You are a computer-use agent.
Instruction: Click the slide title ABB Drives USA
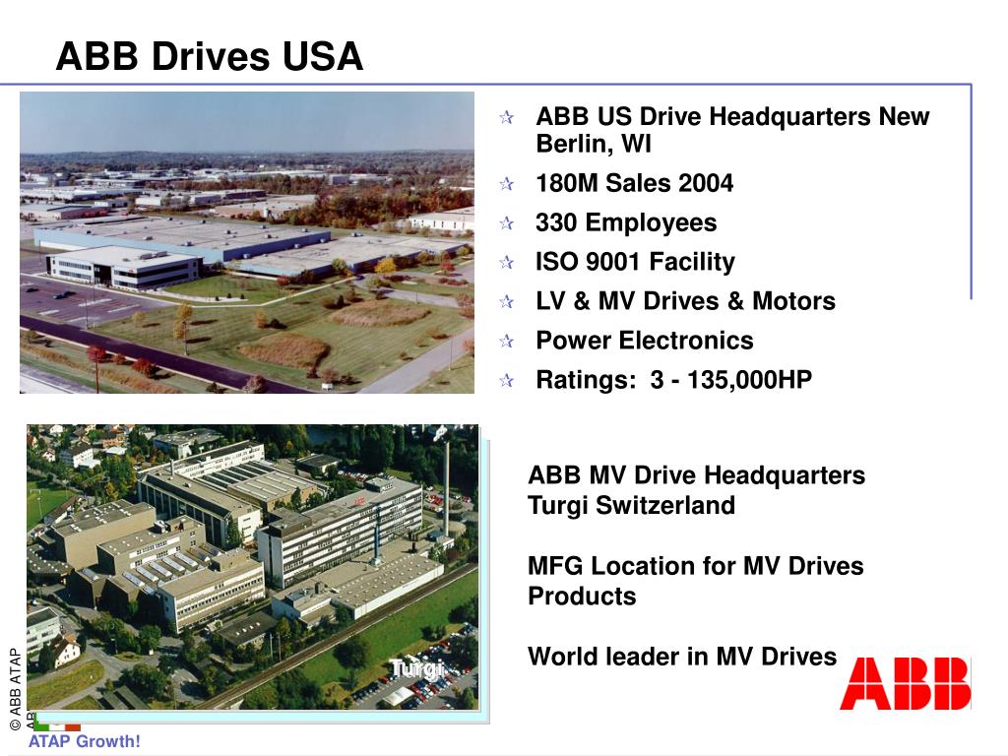(x=210, y=56)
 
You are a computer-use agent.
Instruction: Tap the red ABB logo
(x=905, y=683)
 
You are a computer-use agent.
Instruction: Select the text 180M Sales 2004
(x=634, y=184)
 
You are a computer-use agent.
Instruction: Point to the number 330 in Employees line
(x=556, y=223)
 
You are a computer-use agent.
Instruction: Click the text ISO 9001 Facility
(x=635, y=263)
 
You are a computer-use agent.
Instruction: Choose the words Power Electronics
(x=644, y=342)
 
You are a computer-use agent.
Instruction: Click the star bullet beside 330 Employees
(x=506, y=224)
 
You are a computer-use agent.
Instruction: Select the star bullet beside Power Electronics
(x=506, y=343)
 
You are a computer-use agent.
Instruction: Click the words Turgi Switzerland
(x=631, y=506)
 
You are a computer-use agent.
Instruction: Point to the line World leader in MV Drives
(x=682, y=657)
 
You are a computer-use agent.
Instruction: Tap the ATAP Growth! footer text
(x=85, y=741)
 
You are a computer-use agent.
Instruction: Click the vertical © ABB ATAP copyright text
(x=16, y=688)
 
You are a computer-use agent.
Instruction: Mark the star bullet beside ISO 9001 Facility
(x=506, y=264)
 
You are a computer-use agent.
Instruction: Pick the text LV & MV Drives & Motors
(x=685, y=302)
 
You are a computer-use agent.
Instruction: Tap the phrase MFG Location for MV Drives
(x=695, y=566)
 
